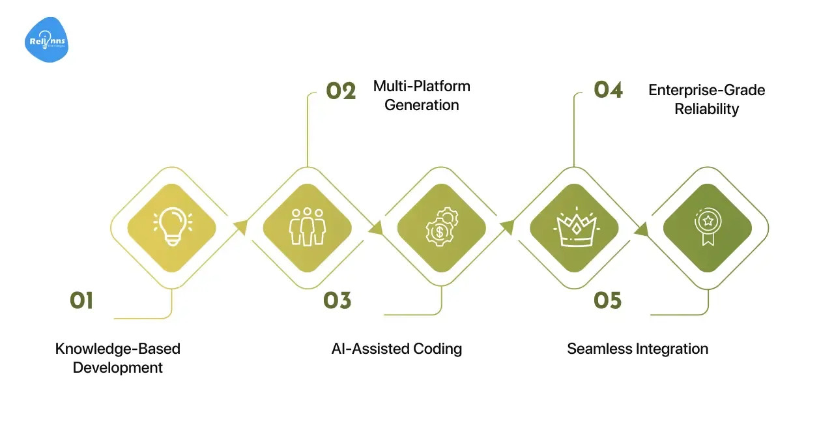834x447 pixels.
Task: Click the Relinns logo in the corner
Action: coord(46,40)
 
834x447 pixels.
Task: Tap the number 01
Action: coord(82,300)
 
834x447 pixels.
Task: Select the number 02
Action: coord(341,91)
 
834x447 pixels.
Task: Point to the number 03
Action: coord(337,300)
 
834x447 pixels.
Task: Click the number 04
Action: coord(608,90)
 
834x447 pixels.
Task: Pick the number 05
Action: coord(607,300)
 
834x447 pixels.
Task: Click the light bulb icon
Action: coord(173,227)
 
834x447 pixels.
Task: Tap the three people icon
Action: coord(307,227)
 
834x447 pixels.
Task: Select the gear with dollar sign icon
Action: coord(440,227)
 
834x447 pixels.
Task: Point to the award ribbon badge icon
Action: coord(707,227)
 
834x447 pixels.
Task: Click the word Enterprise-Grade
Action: coord(706,90)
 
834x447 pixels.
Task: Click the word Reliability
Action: coord(706,109)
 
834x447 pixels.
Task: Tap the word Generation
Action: coord(422,105)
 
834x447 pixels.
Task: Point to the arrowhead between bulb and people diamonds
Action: coord(241,227)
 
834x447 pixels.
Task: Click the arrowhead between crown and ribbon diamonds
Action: coord(641,229)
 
